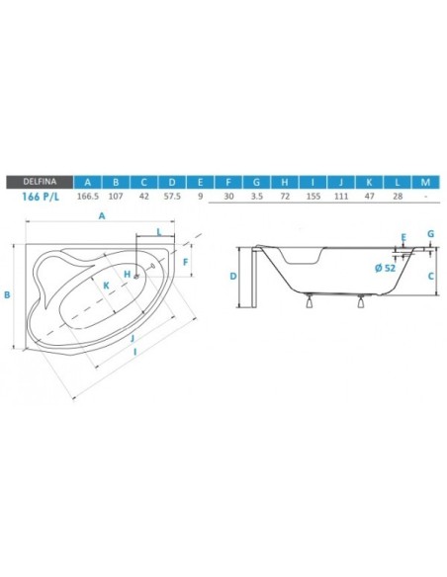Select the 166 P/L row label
click(x=39, y=197)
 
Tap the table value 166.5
click(x=89, y=197)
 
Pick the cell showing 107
click(x=117, y=197)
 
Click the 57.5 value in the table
click(x=172, y=197)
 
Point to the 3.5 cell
click(x=256, y=197)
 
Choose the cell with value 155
click(x=313, y=197)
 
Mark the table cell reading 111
click(x=341, y=197)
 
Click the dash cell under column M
click(x=425, y=197)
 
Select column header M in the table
click(x=425, y=181)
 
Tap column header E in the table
click(x=200, y=181)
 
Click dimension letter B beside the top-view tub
click(x=8, y=294)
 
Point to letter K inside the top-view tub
click(x=106, y=287)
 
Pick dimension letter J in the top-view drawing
click(x=133, y=337)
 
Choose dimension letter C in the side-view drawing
click(x=432, y=276)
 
